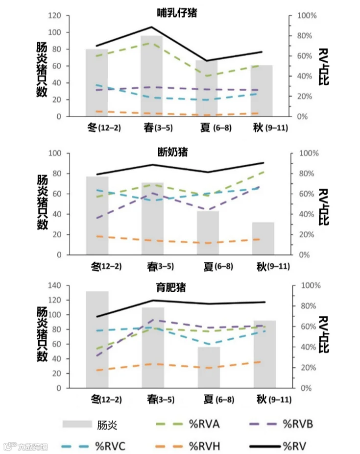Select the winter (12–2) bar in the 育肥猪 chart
click(x=97, y=339)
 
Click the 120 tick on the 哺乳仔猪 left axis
click(x=54, y=16)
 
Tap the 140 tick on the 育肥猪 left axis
click(x=54, y=285)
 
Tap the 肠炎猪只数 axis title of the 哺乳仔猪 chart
click(x=42, y=69)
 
